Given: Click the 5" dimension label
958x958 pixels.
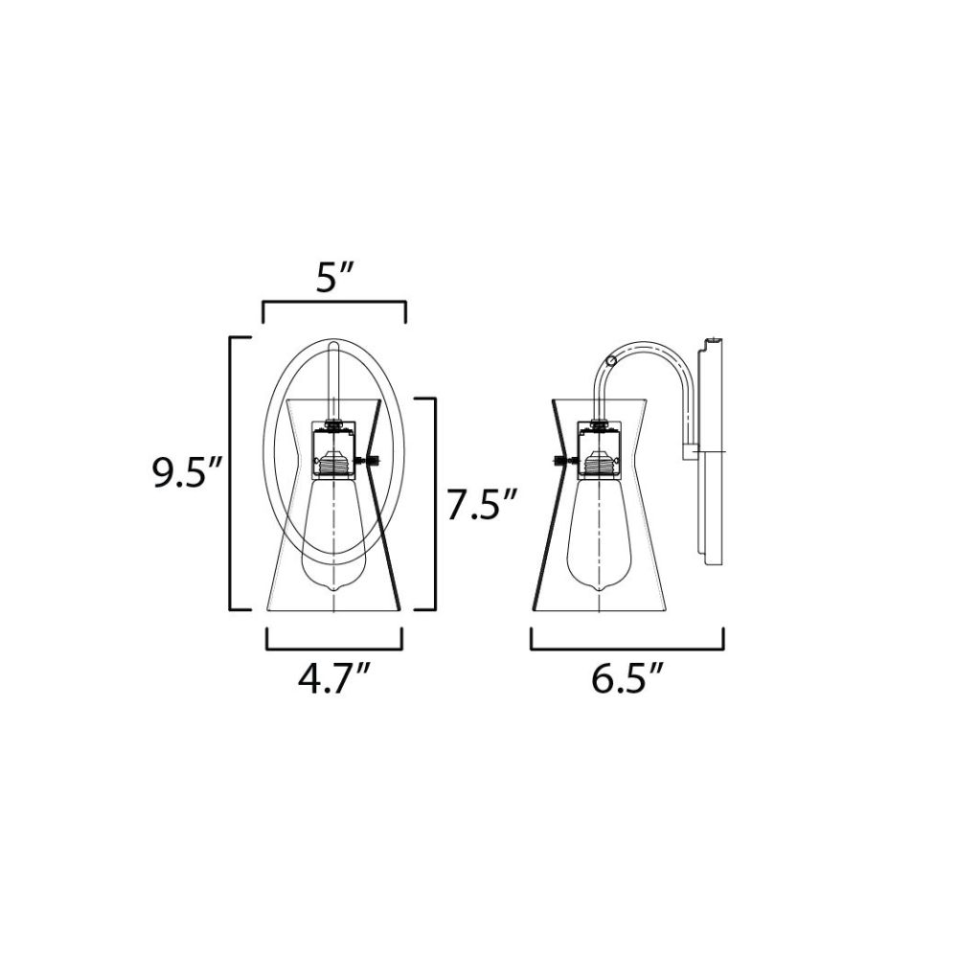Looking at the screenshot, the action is (x=334, y=278).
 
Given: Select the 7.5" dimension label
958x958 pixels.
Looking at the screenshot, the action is (x=482, y=505).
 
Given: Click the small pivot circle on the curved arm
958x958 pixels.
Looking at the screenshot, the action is (x=610, y=360).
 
